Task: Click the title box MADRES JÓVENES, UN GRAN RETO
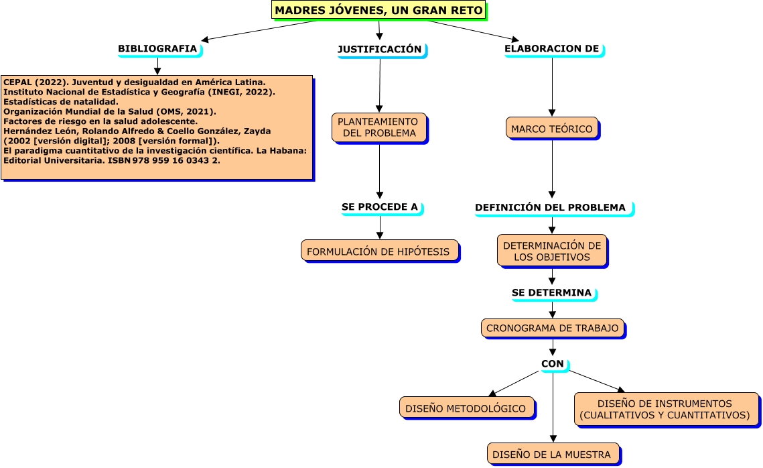(378, 10)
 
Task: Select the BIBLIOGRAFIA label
(158, 49)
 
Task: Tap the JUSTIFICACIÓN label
(380, 50)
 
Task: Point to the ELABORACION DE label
(552, 49)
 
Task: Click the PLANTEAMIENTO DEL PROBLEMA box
(379, 127)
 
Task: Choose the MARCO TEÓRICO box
(552, 128)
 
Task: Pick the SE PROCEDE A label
(380, 207)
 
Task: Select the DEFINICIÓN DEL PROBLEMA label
(551, 208)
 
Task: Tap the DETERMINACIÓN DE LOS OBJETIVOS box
(552, 251)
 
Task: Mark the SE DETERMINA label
(552, 293)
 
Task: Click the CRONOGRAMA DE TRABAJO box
(552, 328)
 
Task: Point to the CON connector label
(553, 363)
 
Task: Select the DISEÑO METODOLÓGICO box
(467, 407)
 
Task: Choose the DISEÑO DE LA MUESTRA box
(553, 453)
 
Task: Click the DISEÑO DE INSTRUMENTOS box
(665, 409)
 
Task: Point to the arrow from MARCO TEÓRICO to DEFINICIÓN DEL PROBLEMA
(552, 168)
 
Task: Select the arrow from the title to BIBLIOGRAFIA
(258, 31)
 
